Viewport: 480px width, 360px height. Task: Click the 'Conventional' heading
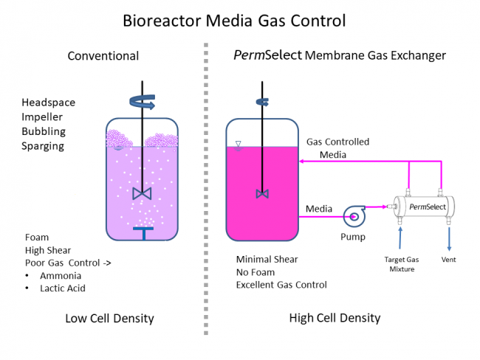point(103,56)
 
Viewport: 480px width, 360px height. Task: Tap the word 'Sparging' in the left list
point(43,146)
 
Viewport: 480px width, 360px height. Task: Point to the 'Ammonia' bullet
point(61,275)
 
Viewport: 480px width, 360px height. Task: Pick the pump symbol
point(354,216)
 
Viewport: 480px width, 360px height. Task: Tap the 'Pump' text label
point(353,237)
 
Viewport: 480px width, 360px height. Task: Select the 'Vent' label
point(448,260)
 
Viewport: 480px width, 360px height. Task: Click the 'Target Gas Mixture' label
point(402,264)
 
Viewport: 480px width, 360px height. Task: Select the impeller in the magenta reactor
point(262,193)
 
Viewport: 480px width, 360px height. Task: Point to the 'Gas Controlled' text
point(337,142)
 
